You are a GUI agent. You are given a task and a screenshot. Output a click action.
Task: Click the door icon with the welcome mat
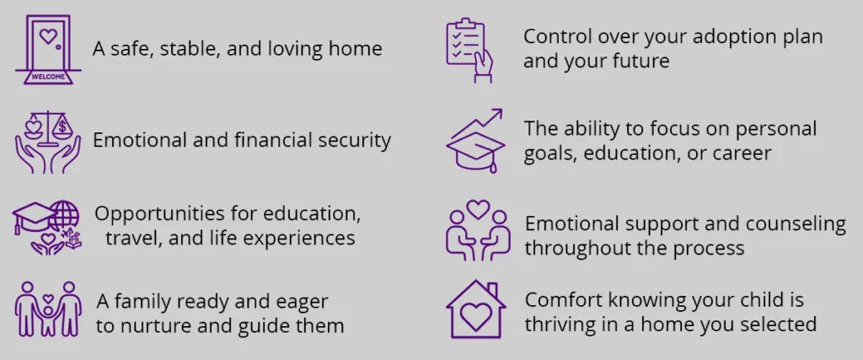[48, 50]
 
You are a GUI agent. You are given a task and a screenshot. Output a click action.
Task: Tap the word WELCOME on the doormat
[48, 77]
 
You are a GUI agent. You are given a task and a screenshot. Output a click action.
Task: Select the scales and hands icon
[48, 142]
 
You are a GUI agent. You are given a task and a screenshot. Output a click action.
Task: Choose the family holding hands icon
[48, 309]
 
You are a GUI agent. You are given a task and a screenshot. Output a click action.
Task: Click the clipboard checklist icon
[469, 51]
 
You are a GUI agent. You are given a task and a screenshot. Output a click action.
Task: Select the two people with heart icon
[478, 229]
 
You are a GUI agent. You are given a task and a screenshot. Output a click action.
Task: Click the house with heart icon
[475, 309]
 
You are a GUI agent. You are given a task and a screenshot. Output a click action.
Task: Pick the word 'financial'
[271, 140]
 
